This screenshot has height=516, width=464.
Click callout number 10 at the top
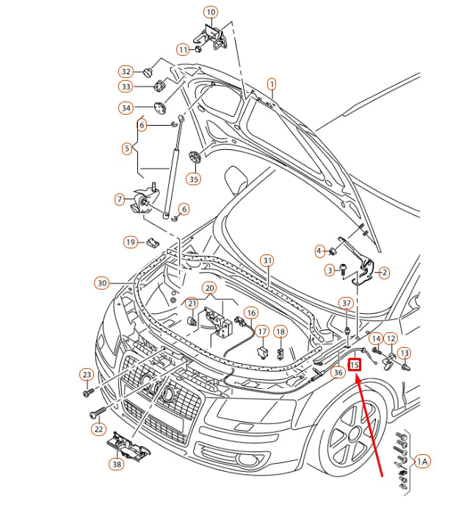211,12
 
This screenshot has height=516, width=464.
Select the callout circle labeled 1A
422,462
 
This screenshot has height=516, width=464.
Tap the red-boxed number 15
355,364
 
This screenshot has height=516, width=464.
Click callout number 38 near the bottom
117,465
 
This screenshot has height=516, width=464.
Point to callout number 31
267,261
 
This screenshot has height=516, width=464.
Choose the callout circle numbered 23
87,375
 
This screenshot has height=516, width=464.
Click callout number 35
193,179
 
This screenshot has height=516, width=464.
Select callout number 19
130,242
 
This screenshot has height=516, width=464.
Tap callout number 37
347,303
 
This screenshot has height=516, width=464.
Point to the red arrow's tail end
383,476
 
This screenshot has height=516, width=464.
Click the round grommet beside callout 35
195,157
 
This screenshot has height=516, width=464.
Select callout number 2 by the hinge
384,272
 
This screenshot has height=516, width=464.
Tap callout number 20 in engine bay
209,288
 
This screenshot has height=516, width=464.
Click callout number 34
126,108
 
